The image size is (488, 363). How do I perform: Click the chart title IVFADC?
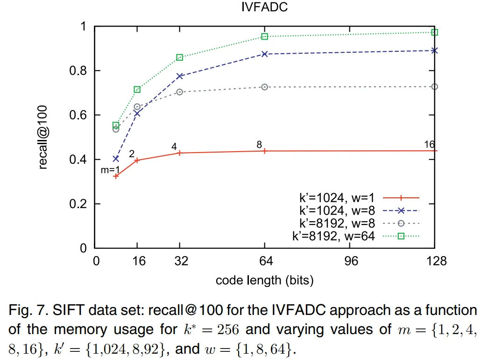(264, 8)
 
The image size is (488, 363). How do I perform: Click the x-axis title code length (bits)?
(264, 280)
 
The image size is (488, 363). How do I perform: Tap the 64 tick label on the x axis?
(264, 261)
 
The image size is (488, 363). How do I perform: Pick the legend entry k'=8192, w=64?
(333, 236)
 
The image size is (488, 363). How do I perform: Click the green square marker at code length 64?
(265, 36)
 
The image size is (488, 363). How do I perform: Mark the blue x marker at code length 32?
(180, 76)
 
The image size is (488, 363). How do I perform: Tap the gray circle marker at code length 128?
(434, 87)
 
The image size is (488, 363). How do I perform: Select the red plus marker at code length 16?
(137, 160)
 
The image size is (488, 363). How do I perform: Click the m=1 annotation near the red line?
(111, 170)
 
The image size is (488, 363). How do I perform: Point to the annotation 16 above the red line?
(429, 145)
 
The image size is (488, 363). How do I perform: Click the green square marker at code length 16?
(137, 90)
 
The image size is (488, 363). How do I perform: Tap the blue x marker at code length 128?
(434, 50)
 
